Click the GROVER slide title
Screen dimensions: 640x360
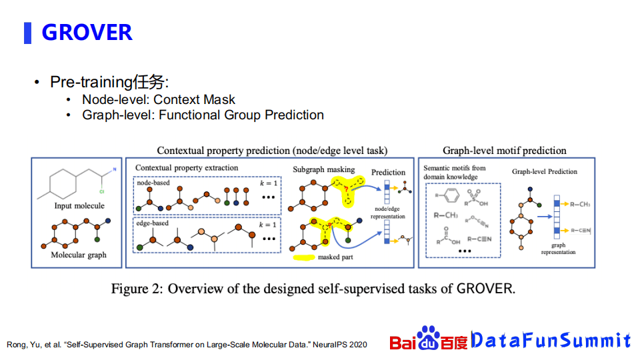[x=87, y=32]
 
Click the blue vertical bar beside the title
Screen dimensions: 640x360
[x=28, y=33]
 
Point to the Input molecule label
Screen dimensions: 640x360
[x=79, y=206]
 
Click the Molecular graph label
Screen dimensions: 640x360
[x=79, y=255]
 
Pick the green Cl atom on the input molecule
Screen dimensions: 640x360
[x=101, y=191]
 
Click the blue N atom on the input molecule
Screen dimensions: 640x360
[x=115, y=169]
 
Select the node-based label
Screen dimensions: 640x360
[x=153, y=183]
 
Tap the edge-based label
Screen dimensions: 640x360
[x=152, y=223]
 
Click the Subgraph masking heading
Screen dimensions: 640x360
[x=324, y=169]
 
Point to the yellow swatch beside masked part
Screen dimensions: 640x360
[x=304, y=257]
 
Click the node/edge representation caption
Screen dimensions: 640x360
[x=388, y=213]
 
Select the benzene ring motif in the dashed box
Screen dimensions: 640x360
[x=451, y=195]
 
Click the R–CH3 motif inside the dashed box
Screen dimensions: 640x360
[x=446, y=215]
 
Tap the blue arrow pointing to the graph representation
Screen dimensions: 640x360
[x=545, y=216]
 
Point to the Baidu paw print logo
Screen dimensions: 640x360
[x=428, y=338]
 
